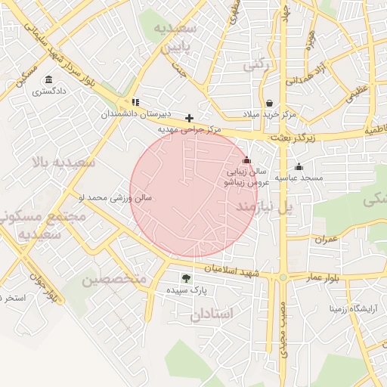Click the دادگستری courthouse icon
[49, 80]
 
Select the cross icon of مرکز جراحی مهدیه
[189, 118]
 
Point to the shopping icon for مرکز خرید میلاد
[269, 104]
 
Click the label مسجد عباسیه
[298, 178]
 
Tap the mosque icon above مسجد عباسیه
[299, 167]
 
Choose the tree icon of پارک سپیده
[186, 278]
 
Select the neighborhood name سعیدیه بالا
[63, 162]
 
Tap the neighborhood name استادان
[212, 313]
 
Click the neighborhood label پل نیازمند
[264, 206]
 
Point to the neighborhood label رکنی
[255, 67]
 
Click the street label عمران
[326, 239]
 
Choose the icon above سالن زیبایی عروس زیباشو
[246, 160]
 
